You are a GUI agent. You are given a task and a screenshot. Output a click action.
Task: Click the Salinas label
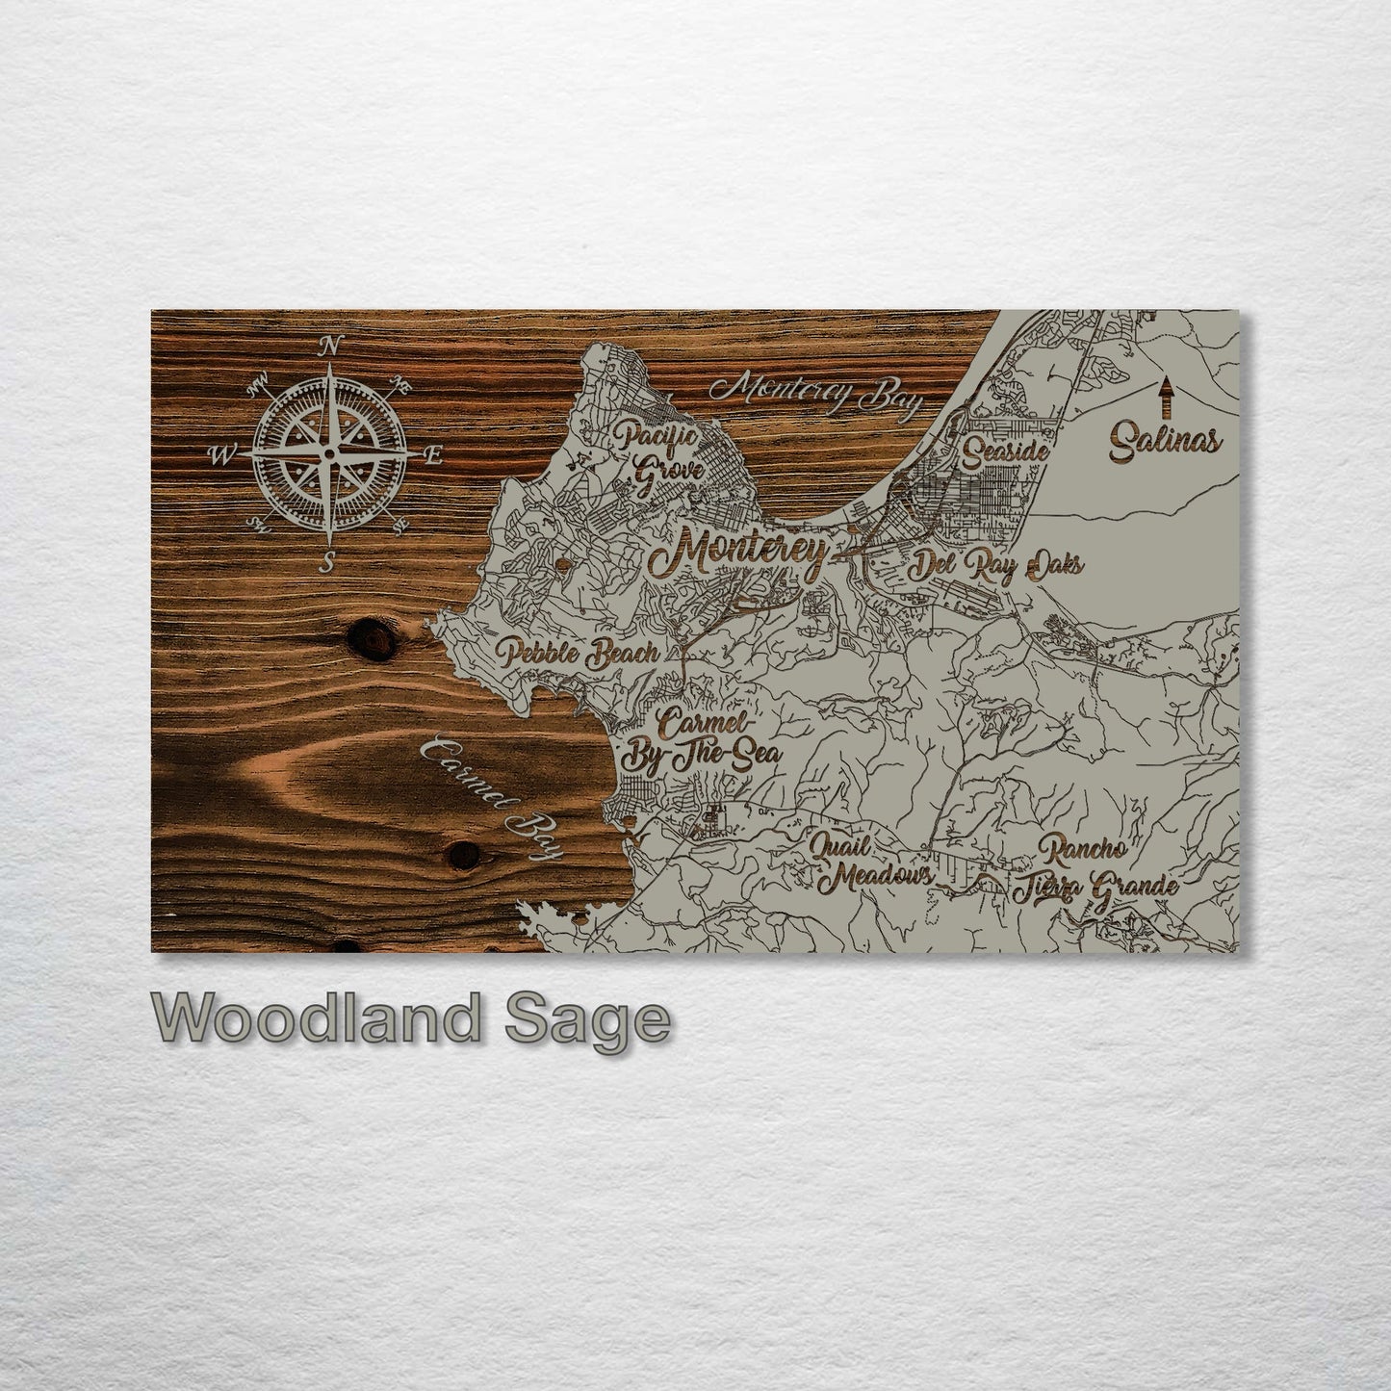1165,443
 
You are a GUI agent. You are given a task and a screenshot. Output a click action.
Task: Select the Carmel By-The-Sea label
701,742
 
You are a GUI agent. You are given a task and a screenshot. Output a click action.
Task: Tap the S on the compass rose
327,565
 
